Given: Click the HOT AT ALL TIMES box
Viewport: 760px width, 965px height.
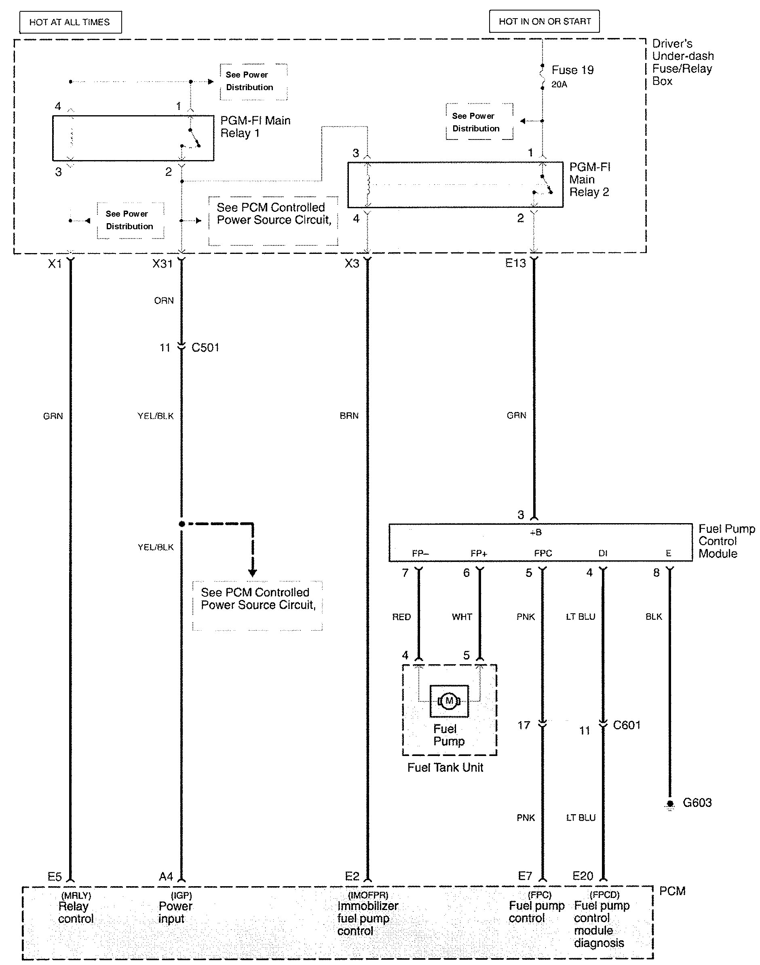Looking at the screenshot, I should (70, 22).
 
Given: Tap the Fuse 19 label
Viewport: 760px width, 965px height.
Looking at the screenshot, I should (572, 70).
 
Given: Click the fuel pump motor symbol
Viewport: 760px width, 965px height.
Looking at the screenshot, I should (449, 701).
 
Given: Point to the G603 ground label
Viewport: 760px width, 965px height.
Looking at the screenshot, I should (697, 802).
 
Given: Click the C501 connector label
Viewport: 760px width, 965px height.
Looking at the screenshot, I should (205, 347).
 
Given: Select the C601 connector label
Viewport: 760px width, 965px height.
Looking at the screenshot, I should (627, 725).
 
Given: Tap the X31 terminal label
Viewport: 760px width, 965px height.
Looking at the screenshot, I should (163, 264).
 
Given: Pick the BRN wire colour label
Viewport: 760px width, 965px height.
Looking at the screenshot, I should (349, 416).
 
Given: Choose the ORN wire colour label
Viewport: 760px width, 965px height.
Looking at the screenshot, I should (164, 301).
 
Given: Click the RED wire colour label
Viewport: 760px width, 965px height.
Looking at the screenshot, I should (401, 617).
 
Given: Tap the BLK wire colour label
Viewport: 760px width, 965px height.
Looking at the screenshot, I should (654, 617).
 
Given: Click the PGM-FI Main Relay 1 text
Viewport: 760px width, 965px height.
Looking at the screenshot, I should (255, 127).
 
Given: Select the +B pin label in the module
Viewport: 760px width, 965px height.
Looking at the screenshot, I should (536, 532).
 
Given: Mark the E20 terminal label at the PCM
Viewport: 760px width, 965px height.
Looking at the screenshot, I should (583, 876).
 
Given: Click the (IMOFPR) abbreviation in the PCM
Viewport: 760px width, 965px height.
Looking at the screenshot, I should (367, 895).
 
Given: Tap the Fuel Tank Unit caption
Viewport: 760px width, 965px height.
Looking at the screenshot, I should (445, 767).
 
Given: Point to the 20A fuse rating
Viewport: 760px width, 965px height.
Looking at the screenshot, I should (559, 84).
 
